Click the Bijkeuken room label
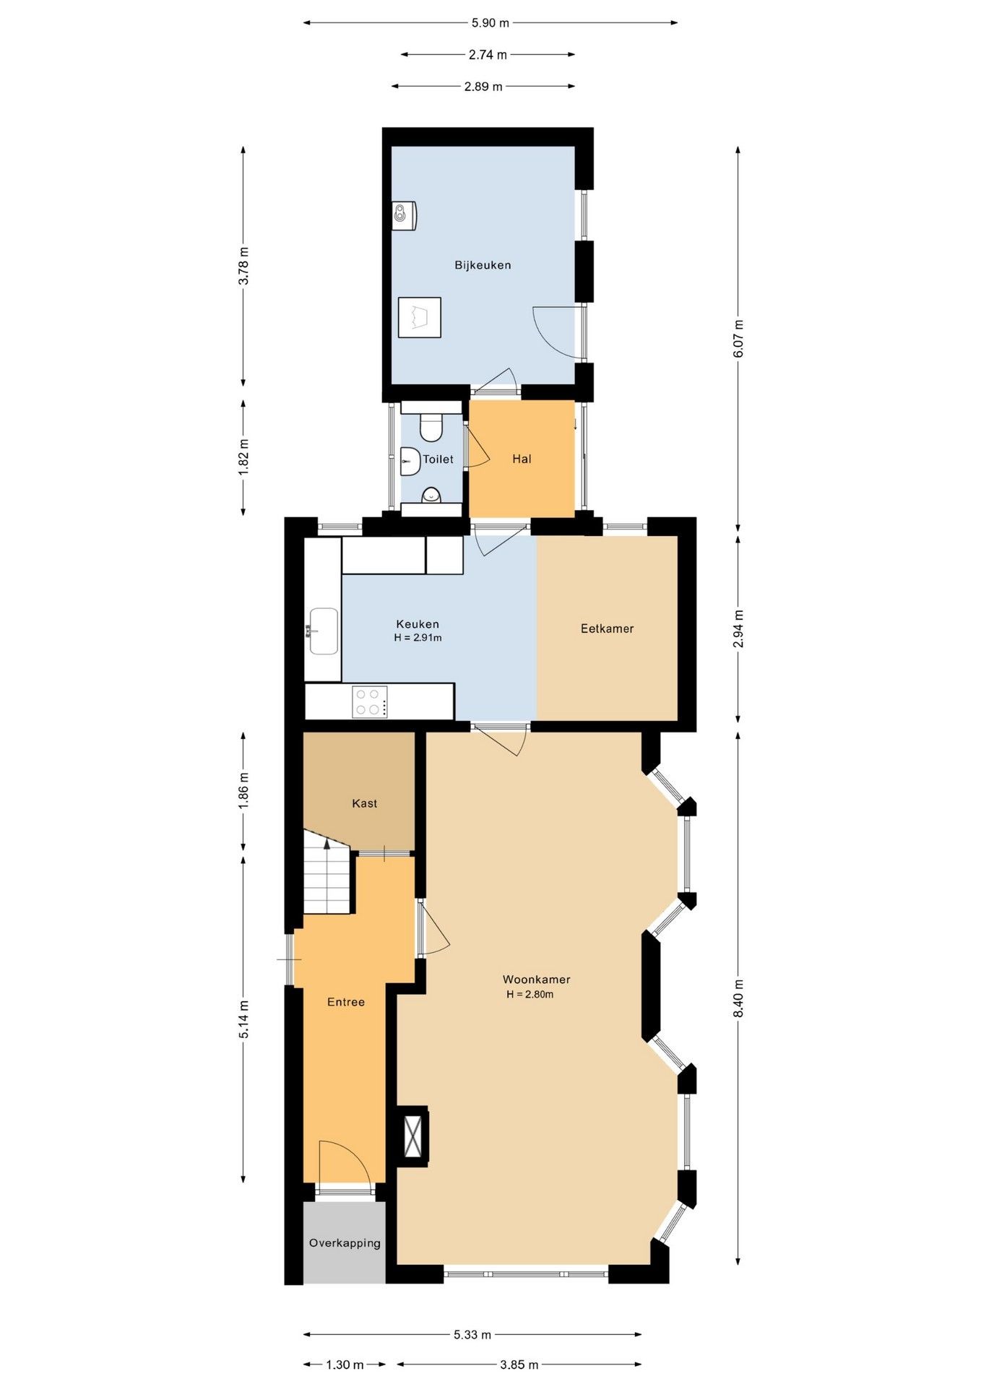483,265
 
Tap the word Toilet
438,459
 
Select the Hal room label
522,459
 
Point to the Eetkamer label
607,628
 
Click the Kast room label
365,803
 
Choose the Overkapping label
345,1243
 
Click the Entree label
346,1002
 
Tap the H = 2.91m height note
418,638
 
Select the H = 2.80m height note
530,994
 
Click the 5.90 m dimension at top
490,23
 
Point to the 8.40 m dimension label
738,998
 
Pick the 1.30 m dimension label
345,1365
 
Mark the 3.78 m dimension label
243,266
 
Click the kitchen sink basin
324,631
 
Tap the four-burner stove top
370,701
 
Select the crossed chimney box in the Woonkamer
413,1136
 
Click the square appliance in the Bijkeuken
420,317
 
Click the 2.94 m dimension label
738,628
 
